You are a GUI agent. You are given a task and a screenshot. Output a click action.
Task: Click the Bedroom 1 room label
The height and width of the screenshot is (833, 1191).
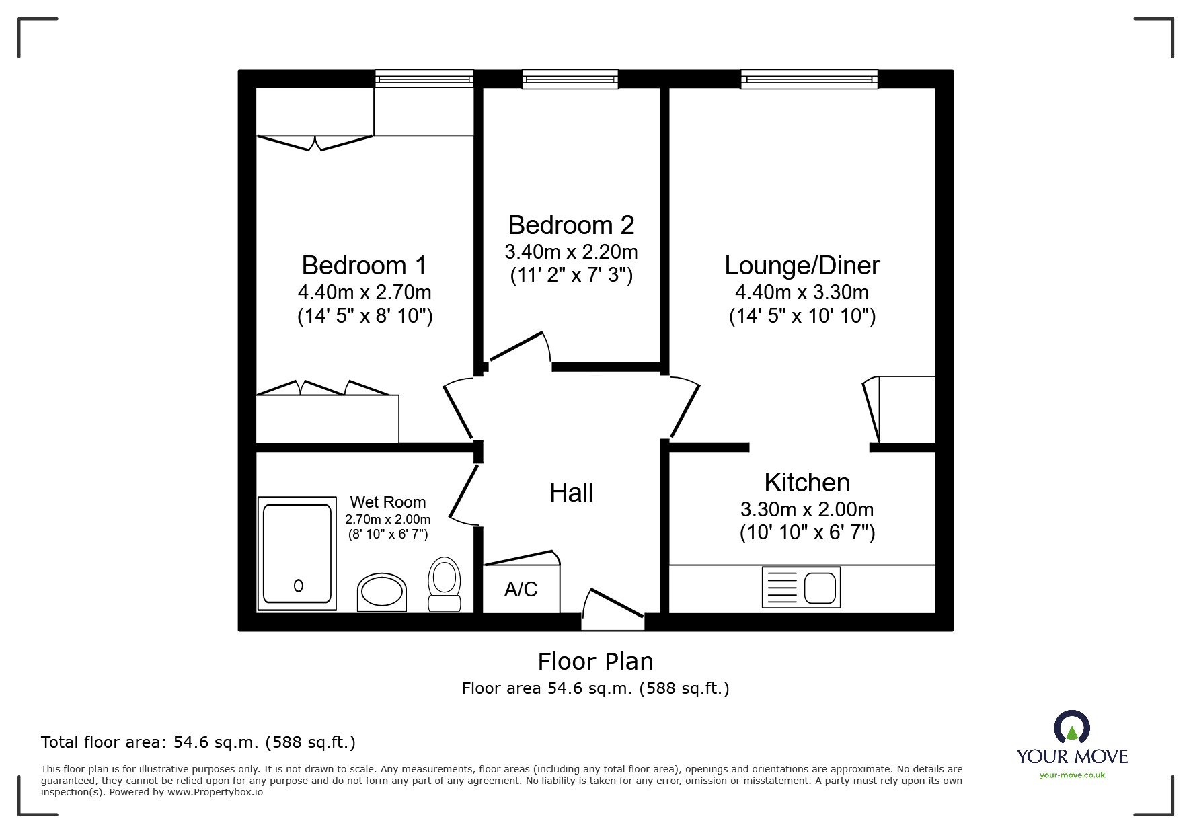(364, 266)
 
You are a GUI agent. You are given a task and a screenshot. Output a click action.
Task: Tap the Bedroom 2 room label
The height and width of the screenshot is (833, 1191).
(571, 225)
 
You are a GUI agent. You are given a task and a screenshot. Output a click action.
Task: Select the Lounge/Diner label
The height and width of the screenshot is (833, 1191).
(802, 266)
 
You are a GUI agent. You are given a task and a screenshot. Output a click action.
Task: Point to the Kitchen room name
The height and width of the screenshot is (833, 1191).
(807, 483)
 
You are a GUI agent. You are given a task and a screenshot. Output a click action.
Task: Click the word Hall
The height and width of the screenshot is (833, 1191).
(571, 493)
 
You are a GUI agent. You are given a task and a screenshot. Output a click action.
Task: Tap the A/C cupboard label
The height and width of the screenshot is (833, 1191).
(521, 590)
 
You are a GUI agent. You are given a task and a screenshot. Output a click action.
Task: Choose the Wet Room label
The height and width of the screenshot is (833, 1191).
(388, 502)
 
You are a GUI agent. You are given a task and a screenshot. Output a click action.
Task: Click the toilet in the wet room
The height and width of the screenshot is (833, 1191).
(444, 584)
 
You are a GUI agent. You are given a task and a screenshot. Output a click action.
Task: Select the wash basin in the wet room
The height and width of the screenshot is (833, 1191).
(382, 592)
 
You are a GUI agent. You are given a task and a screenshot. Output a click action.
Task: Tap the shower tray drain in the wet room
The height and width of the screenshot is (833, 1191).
(299, 586)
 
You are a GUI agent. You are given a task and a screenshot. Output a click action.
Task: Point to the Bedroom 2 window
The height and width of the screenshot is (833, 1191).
(570, 79)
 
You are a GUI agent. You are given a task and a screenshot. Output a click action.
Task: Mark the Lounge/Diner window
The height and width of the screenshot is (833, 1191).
(810, 79)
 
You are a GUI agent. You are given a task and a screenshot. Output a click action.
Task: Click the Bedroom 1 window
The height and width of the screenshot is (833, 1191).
(424, 79)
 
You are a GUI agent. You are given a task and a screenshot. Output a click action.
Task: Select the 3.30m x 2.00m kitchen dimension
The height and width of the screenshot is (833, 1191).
(807, 509)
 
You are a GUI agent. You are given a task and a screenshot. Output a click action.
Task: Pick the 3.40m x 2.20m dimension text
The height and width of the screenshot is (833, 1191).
(571, 252)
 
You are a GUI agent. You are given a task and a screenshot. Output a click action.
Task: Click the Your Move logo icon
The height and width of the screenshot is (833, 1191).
(1072, 727)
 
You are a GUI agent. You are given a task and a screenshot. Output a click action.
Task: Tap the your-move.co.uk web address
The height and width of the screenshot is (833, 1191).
(1072, 775)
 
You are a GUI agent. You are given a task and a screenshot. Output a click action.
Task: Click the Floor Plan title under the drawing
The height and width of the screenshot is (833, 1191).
(596, 662)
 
